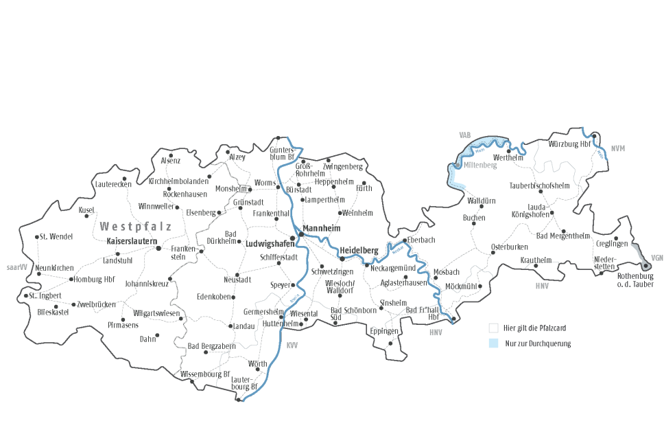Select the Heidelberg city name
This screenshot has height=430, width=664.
[x=359, y=251]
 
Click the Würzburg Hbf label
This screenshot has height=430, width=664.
[x=569, y=144]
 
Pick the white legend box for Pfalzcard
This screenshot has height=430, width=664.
[x=493, y=328]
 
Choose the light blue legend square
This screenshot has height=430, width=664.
[x=493, y=343]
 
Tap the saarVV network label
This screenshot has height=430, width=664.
[x=16, y=267]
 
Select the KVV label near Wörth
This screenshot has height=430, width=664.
[x=293, y=344]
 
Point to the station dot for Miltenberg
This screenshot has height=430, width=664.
[x=457, y=166]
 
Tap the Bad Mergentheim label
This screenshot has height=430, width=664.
[x=563, y=236]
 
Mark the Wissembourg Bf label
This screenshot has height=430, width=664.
[x=205, y=374]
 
